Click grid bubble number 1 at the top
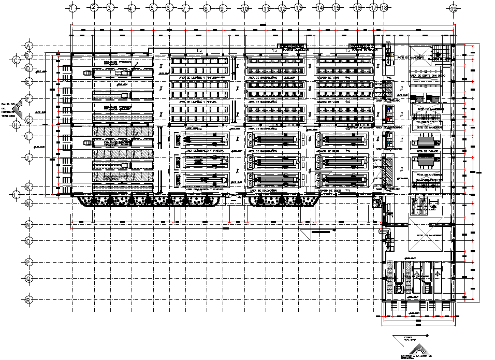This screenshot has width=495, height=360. tap(72, 8)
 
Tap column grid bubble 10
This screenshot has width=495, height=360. tap(245, 8)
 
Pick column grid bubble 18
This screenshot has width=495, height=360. tap(384, 8)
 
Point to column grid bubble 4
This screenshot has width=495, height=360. tap(132, 8)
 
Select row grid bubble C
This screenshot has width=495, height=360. tap(17, 60)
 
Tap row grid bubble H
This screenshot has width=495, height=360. tap(17, 124)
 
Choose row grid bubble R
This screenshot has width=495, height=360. tap(29, 299)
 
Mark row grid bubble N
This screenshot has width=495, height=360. tap(29, 224)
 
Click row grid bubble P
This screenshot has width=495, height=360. tap(29, 263)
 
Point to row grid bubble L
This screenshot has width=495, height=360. tap(17, 194)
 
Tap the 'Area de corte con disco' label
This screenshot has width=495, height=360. tap(427, 75)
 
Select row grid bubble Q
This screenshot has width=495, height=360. tap(29, 278)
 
